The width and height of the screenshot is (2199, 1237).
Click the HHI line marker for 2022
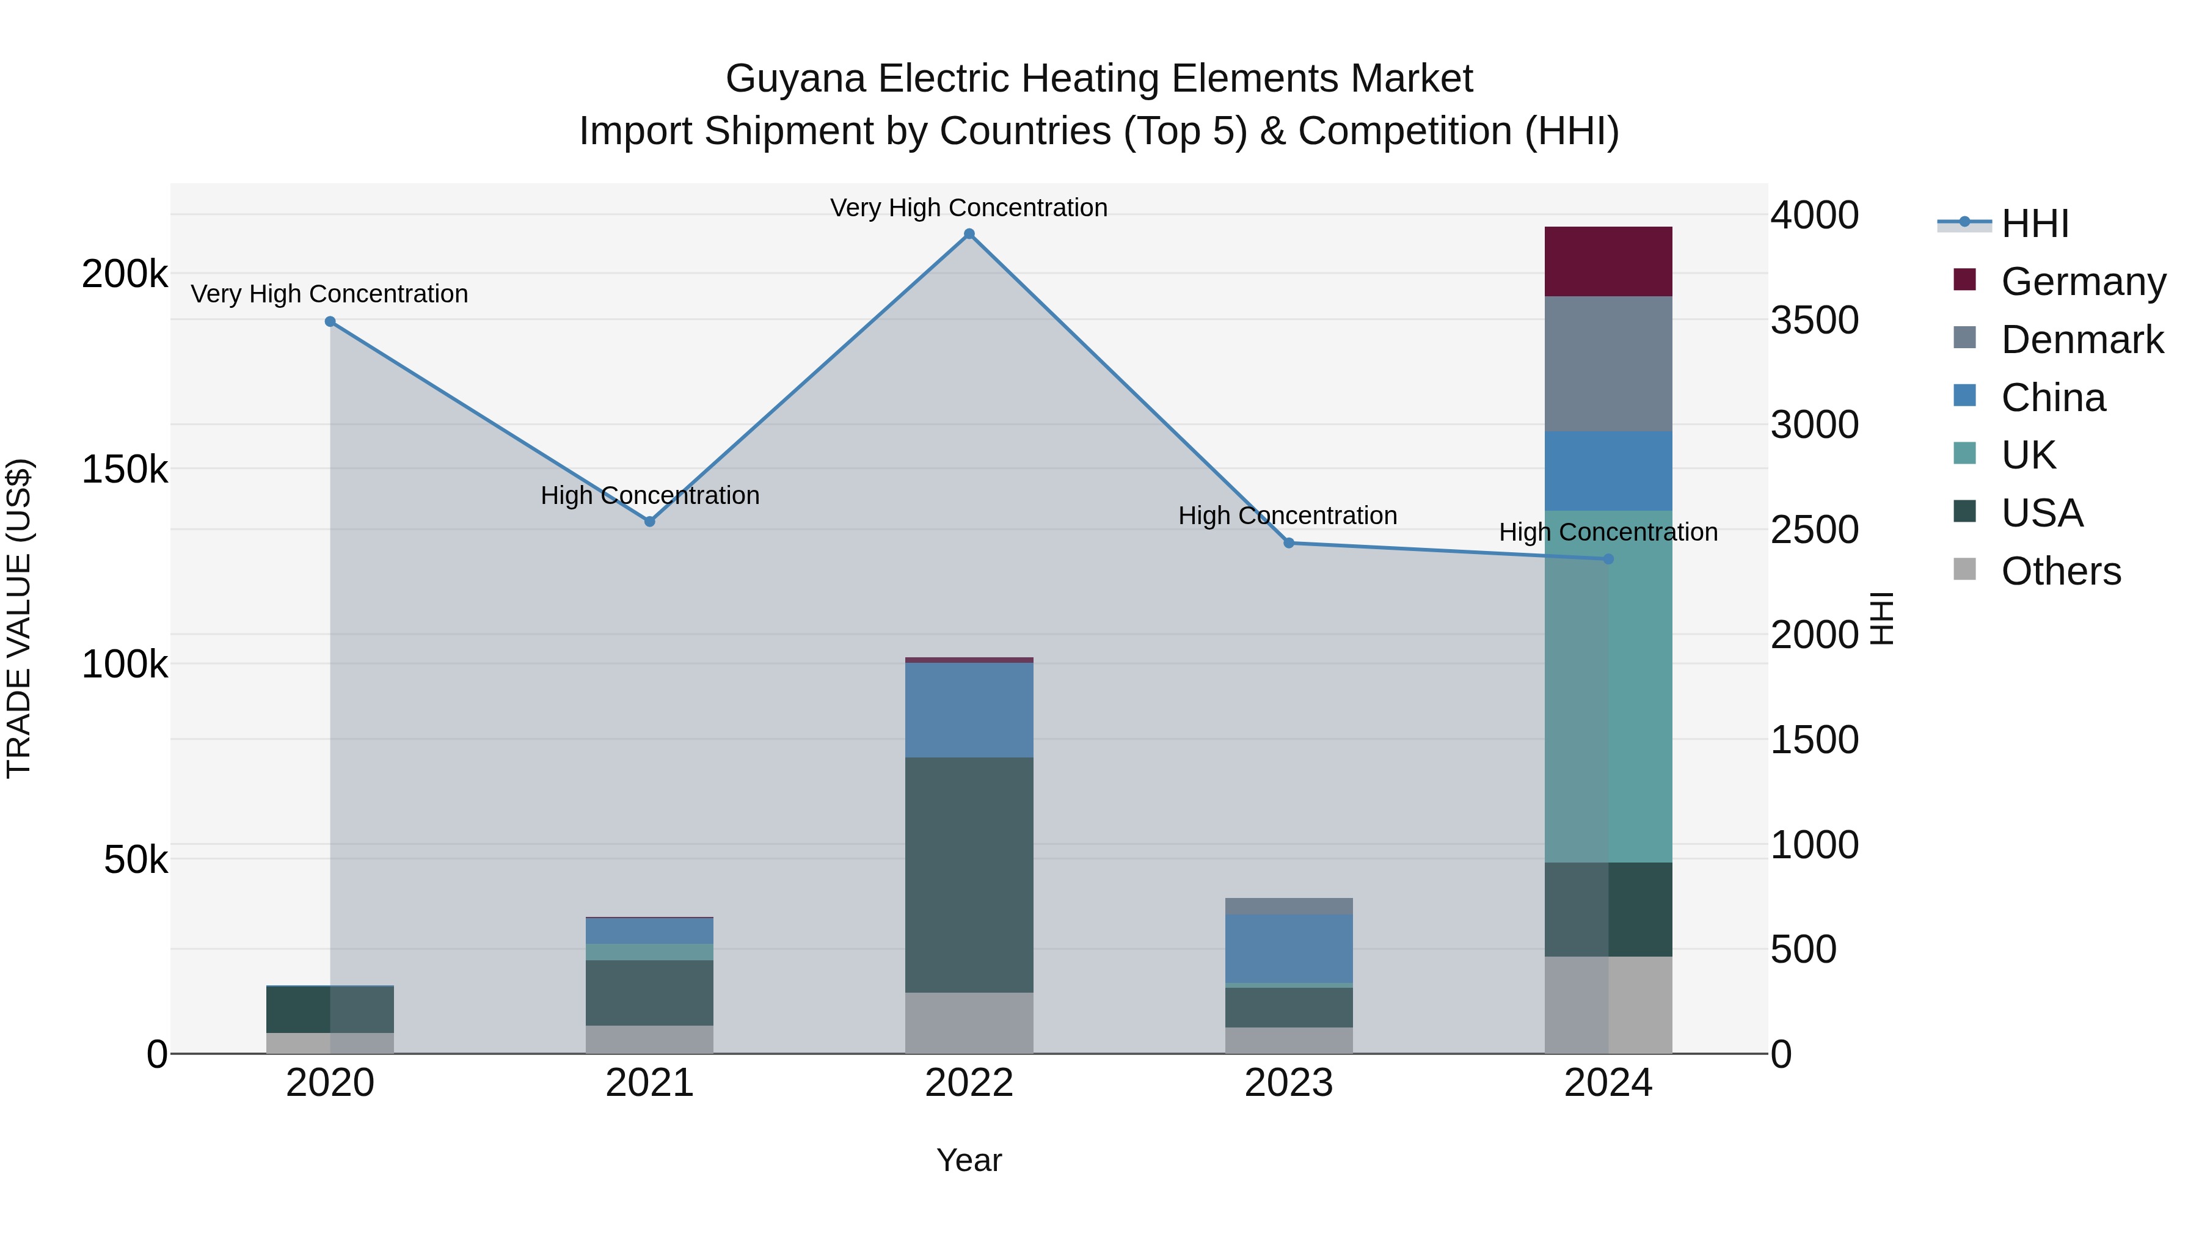point(969,234)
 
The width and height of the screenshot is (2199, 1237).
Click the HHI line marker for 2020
point(330,322)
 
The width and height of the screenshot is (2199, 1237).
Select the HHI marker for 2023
point(1289,543)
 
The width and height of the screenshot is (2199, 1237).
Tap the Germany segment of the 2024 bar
point(1608,261)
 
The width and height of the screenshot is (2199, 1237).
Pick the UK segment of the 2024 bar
point(1608,687)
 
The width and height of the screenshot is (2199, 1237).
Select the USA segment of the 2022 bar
point(969,874)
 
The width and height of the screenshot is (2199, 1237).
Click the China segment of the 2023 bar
point(1289,947)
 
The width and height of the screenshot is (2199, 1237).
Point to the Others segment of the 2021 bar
point(650,1039)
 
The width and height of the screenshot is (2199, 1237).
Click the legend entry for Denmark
point(2081,340)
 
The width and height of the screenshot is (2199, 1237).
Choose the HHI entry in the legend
point(2034,224)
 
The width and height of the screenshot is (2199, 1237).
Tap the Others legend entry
point(2060,571)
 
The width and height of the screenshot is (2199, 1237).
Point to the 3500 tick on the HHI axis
point(1814,320)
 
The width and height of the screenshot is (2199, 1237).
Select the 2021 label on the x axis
point(650,1083)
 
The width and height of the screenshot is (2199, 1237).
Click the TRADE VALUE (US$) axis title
point(19,618)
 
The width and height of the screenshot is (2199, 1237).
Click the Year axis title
point(969,1160)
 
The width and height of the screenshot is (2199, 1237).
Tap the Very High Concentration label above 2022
point(969,208)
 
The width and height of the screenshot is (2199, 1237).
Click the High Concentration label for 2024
point(1608,532)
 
